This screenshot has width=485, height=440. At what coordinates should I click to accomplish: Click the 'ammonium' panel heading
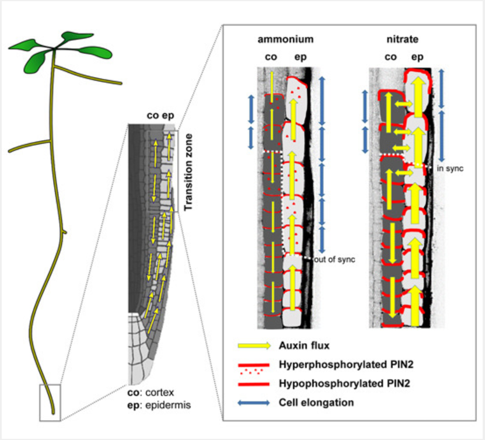(286, 40)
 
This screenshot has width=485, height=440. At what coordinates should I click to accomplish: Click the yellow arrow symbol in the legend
(254, 345)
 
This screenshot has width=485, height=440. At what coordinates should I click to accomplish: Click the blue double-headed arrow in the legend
(254, 403)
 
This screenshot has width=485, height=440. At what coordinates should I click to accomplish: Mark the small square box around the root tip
(50, 402)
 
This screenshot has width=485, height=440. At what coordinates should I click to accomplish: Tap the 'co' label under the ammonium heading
(270, 58)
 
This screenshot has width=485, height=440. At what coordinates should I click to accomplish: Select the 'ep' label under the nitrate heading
(417, 58)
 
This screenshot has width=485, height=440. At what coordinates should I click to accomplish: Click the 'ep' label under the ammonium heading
(296, 58)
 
